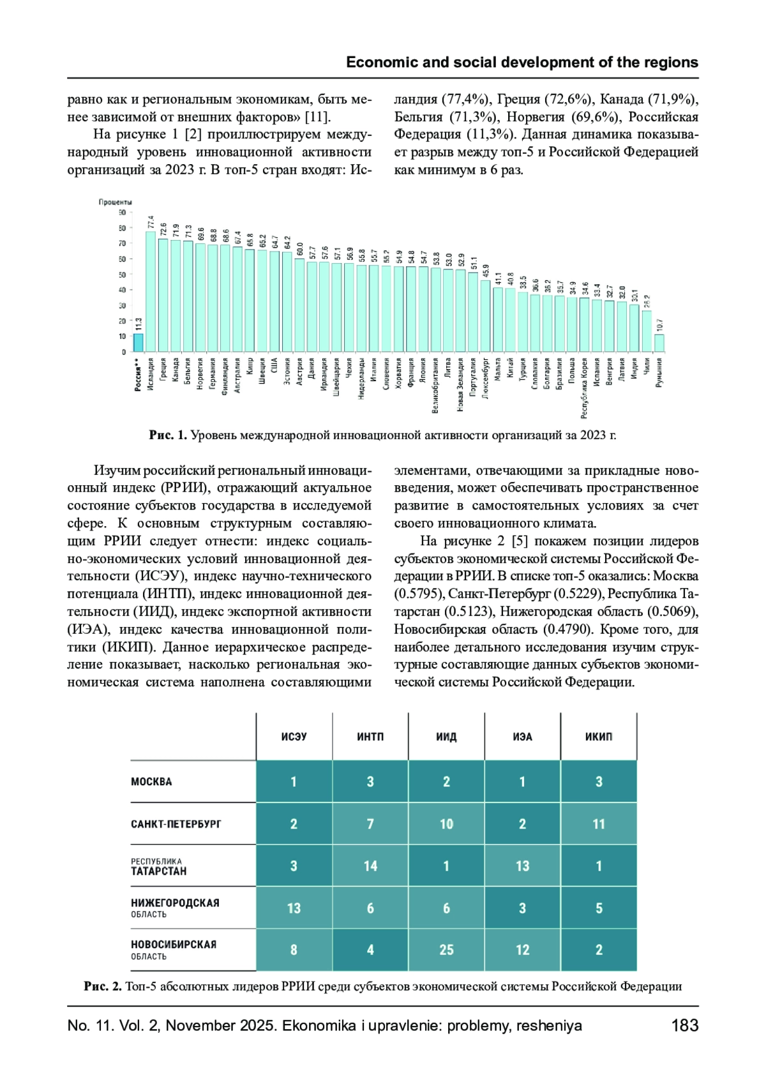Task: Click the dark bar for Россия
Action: pyautogui.click(x=138, y=343)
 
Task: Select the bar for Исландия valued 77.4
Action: pyautogui.click(x=151, y=292)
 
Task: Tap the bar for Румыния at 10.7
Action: pyautogui.click(x=659, y=343)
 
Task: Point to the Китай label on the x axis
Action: pyautogui.click(x=511, y=369)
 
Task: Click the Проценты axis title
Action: pyautogui.click(x=116, y=202)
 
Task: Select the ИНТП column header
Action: pyautogui.click(x=370, y=737)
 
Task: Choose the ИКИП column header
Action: pyautogui.click(x=599, y=737)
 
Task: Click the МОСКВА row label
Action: pyautogui.click(x=151, y=781)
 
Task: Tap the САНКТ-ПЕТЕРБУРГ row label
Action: pyautogui.click(x=176, y=824)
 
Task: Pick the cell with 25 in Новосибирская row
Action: pyautogui.click(x=446, y=950)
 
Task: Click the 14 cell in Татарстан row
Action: pyautogui.click(x=370, y=866)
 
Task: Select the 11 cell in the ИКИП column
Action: pyautogui.click(x=599, y=824)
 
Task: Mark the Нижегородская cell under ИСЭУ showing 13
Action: pyautogui.click(x=294, y=908)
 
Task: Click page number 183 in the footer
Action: pyautogui.click(x=684, y=1026)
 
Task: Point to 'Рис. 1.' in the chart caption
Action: pyautogui.click(x=168, y=435)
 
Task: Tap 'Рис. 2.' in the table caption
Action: pyautogui.click(x=103, y=986)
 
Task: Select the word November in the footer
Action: pyautogui.click(x=201, y=1026)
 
